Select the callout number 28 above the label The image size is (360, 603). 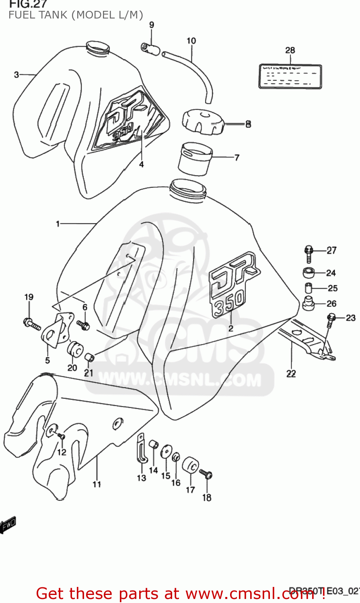(x=290, y=50)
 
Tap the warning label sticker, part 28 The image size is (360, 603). (x=290, y=76)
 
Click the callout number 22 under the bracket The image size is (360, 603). (x=291, y=373)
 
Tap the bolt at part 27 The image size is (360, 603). (x=309, y=253)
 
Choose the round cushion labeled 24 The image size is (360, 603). (x=309, y=273)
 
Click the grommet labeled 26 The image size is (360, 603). (x=308, y=304)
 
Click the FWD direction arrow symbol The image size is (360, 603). (x=8, y=524)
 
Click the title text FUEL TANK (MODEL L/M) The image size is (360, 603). (x=76, y=15)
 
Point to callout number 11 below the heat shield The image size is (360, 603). (x=97, y=484)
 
